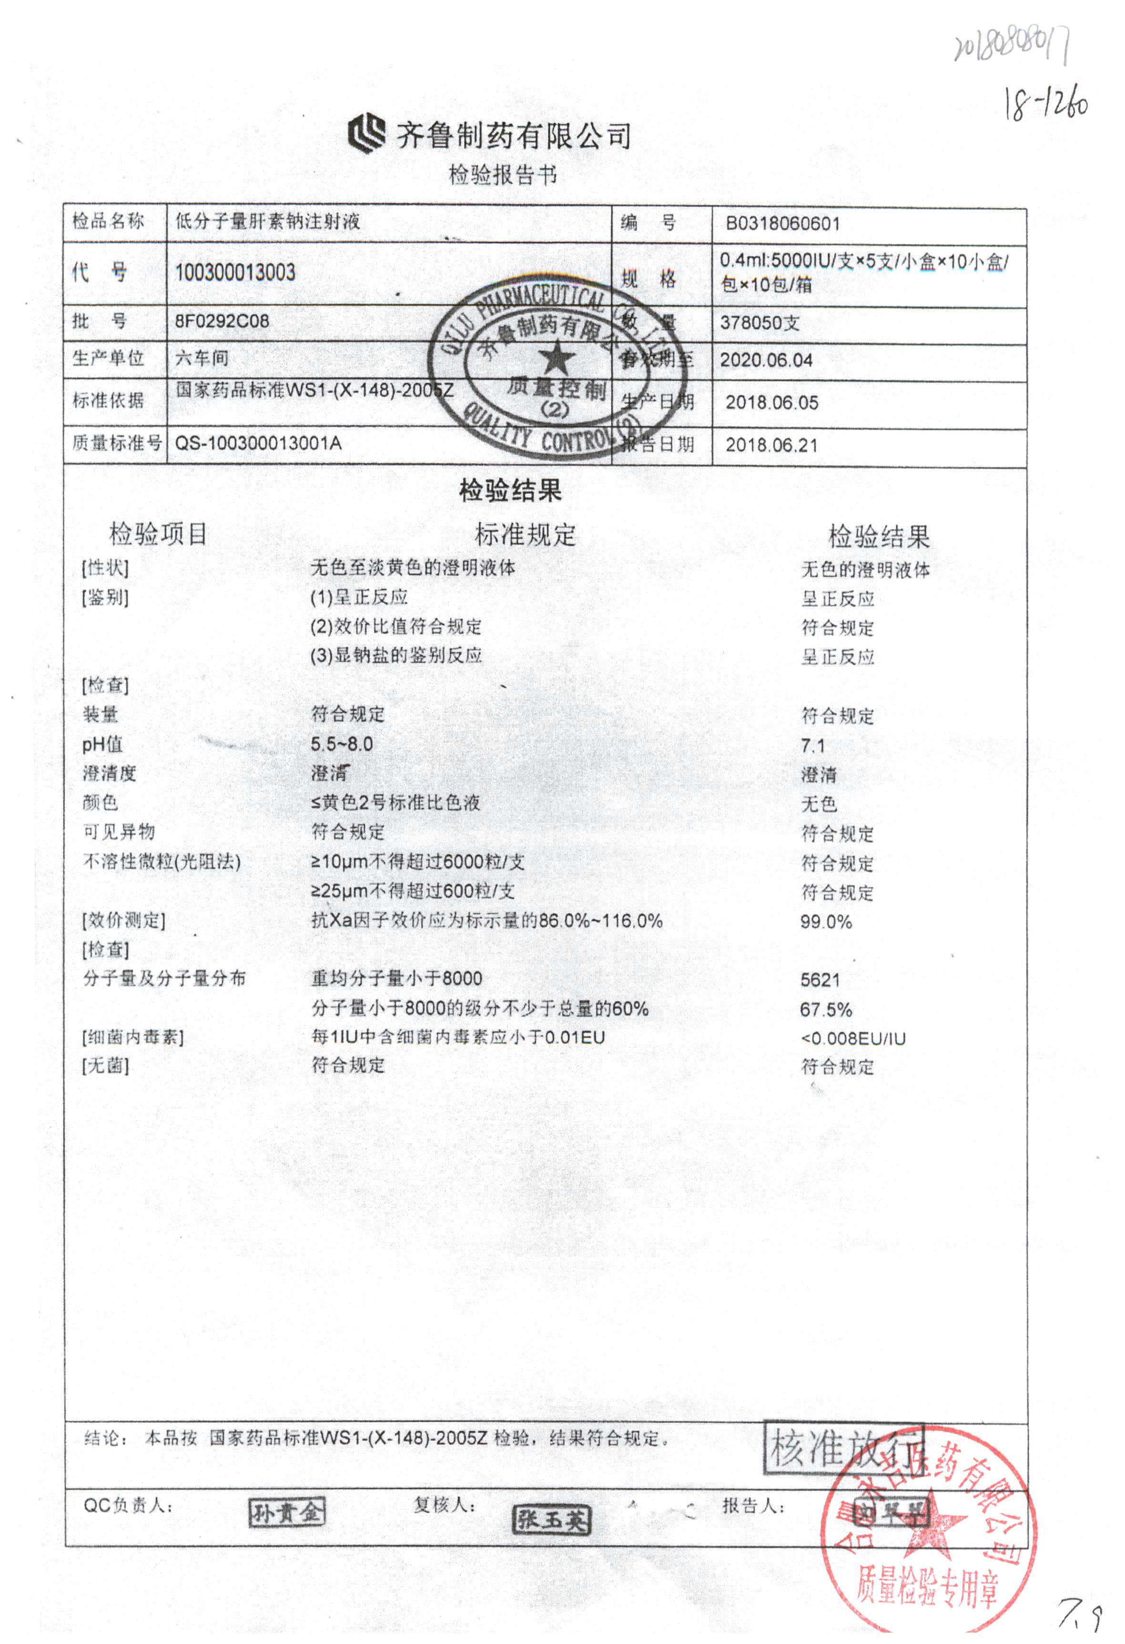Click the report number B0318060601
(x=782, y=224)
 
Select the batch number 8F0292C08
(x=222, y=321)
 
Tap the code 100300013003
(x=235, y=272)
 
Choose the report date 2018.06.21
(x=772, y=446)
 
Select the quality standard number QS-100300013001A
(x=258, y=443)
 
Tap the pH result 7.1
(x=813, y=746)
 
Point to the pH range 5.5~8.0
(x=342, y=744)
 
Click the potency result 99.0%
(x=826, y=922)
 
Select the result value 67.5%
(x=826, y=1010)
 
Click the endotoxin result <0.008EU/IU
(x=852, y=1039)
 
